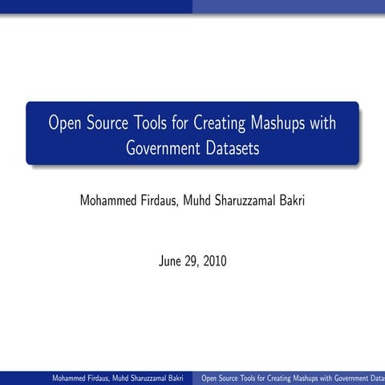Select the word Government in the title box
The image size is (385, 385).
163,148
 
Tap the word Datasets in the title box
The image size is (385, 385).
231,148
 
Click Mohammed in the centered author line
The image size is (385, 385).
111,200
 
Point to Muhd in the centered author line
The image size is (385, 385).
205,200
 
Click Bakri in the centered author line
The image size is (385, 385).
291,200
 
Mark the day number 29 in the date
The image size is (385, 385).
193,261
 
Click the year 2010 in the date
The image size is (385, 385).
215,261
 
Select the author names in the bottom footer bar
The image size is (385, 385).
118,378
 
